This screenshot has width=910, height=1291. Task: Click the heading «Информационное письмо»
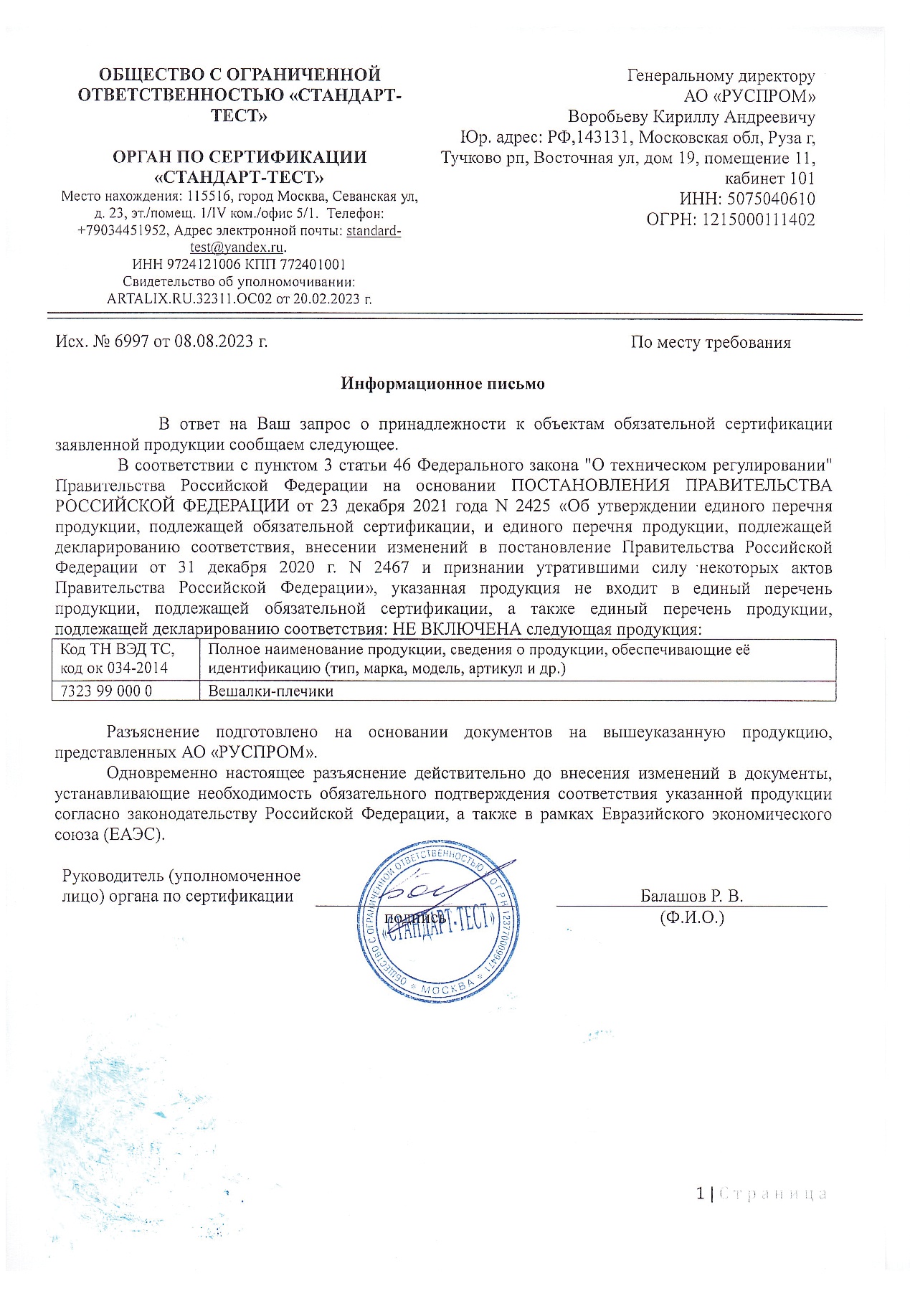tap(442, 384)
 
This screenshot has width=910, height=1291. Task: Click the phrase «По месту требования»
tap(711, 343)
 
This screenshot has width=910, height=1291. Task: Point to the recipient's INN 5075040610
tap(771, 199)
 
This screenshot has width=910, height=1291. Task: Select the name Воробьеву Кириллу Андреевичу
tap(691, 117)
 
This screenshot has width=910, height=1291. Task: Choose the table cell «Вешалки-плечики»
tap(270, 691)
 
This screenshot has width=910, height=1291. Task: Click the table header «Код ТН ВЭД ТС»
tap(118, 650)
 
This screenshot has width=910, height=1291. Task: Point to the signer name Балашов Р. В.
tap(691, 896)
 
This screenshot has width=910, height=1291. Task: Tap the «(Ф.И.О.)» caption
tap(692, 917)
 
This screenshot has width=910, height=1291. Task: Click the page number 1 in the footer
tap(700, 1193)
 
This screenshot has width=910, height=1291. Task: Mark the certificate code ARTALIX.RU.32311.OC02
tap(189, 299)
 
